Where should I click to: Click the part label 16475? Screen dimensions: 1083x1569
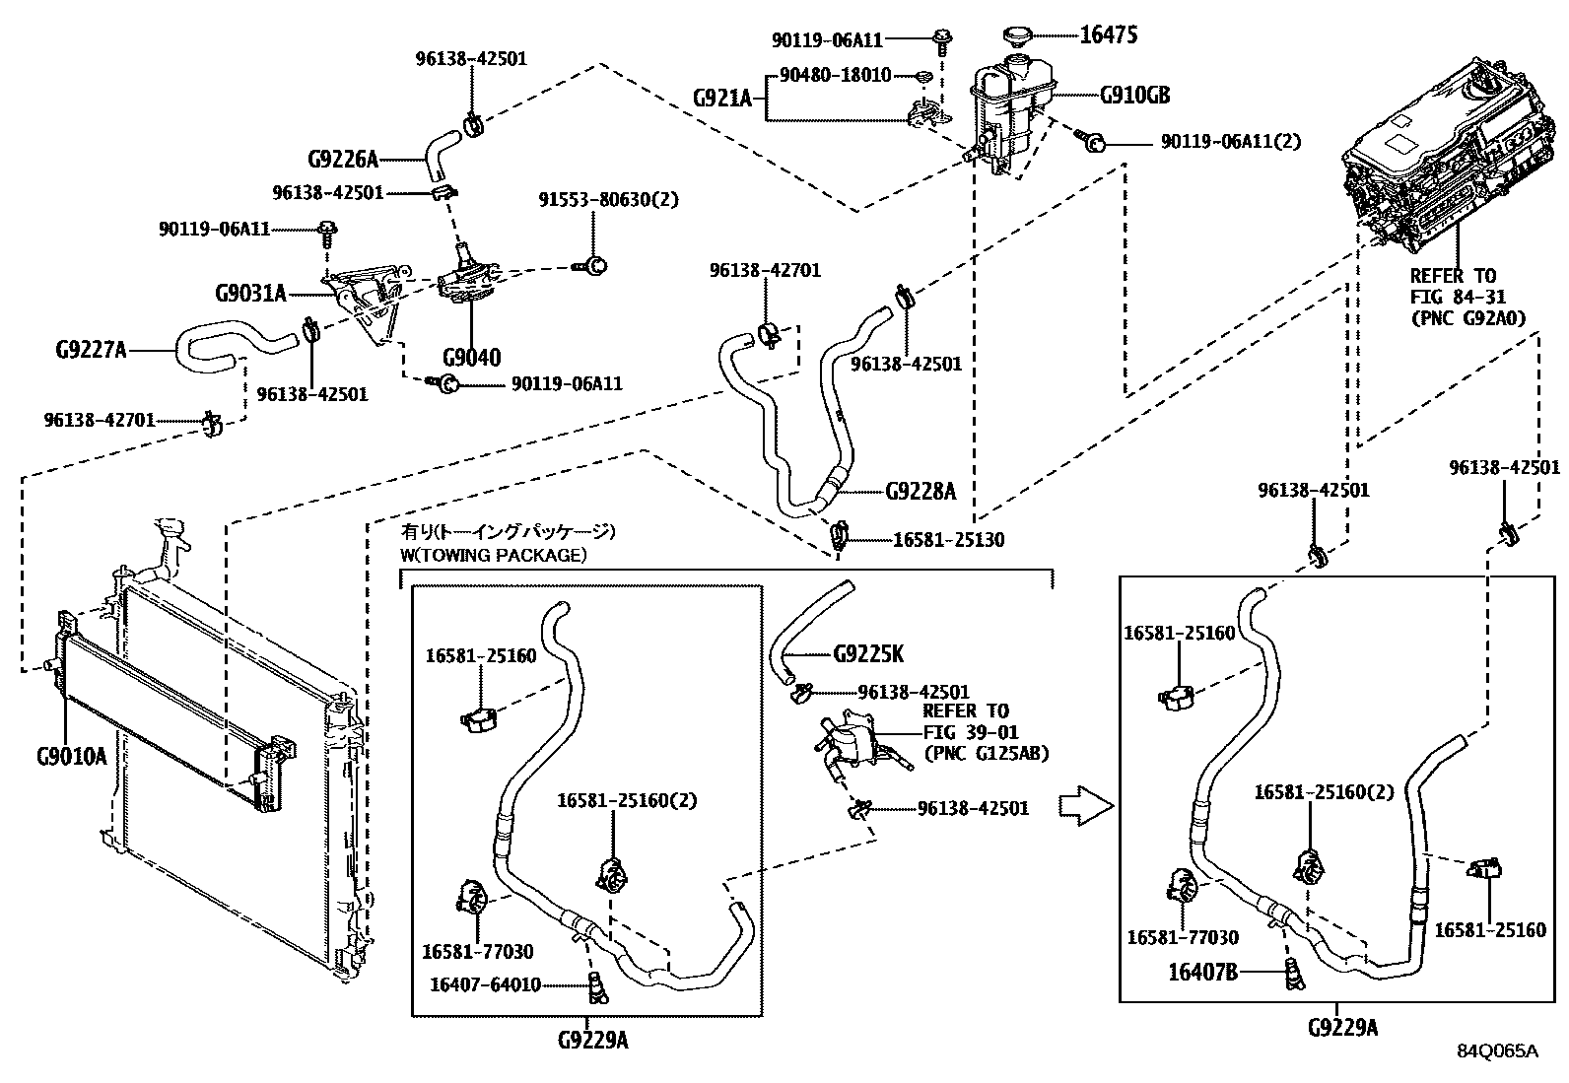tap(1109, 36)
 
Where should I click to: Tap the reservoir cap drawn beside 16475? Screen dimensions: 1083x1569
tap(1019, 36)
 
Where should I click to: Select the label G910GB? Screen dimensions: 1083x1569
tap(1134, 96)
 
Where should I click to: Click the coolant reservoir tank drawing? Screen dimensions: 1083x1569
tap(1010, 108)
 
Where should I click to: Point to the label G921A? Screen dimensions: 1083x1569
tap(721, 98)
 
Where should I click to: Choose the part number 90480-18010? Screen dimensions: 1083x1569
tap(835, 75)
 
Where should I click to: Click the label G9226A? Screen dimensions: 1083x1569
tap(343, 159)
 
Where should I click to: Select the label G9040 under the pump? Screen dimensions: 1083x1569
tap(470, 357)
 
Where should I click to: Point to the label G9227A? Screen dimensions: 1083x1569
tap(91, 349)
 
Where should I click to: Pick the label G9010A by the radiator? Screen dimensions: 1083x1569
tap(71, 757)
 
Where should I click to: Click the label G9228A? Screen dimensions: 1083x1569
tap(921, 491)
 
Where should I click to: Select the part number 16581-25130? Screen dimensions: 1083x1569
tap(948, 539)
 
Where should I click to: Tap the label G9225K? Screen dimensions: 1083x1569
tap(868, 653)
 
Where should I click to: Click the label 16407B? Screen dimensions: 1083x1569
tap(1202, 972)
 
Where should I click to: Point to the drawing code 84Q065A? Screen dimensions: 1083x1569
tap(1497, 1051)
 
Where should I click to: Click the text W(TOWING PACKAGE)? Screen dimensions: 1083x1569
tap(493, 555)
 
